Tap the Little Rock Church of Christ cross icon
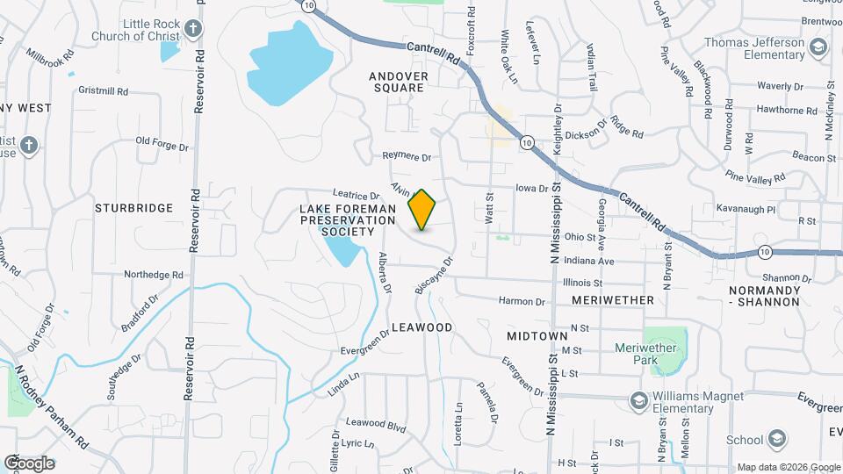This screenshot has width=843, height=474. [194, 29]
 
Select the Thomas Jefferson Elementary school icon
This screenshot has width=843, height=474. [819, 46]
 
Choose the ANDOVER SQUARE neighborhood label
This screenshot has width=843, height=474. [399, 82]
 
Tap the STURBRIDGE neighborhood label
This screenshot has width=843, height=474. [133, 208]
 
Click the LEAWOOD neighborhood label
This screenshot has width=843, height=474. [421, 327]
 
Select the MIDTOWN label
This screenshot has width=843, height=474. [537, 336]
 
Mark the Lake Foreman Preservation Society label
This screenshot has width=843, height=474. [349, 219]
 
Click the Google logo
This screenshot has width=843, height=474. [28, 463]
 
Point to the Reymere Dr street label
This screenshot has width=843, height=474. [407, 157]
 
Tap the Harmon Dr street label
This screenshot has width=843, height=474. [522, 301]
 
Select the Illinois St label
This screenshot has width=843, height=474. [582, 283]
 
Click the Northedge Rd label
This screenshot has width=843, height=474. [153, 275]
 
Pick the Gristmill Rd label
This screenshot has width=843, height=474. [103, 90]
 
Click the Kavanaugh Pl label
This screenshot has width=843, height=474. [746, 210]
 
